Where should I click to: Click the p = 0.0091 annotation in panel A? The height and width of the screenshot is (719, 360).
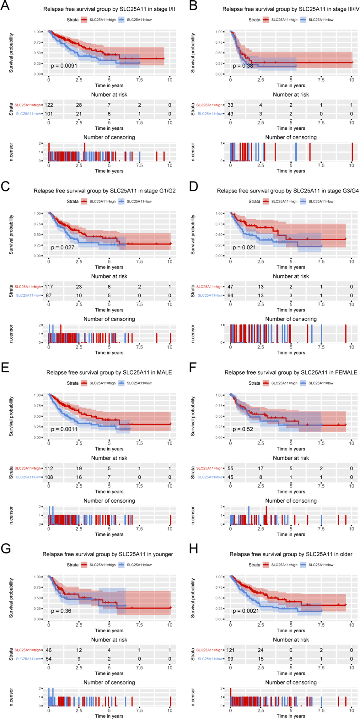coord(64,66)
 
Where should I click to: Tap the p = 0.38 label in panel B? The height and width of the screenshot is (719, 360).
coord(243,66)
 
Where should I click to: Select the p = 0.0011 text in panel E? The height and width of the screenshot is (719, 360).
coord(64,429)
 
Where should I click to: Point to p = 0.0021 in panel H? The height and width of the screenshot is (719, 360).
coord(246,611)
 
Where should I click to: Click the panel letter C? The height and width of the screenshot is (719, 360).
coord(5,187)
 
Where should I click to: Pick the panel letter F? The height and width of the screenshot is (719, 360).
coord(193,368)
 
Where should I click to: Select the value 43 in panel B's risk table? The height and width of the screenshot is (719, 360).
coord(230,114)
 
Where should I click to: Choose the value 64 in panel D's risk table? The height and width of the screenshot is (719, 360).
coord(230,295)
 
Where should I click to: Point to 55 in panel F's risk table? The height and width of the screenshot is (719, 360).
coord(230,468)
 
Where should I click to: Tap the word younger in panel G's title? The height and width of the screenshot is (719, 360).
coord(162,554)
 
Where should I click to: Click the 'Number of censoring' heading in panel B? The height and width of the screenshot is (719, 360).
coord(291,137)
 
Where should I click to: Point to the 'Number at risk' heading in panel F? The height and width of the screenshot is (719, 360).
coord(291,458)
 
